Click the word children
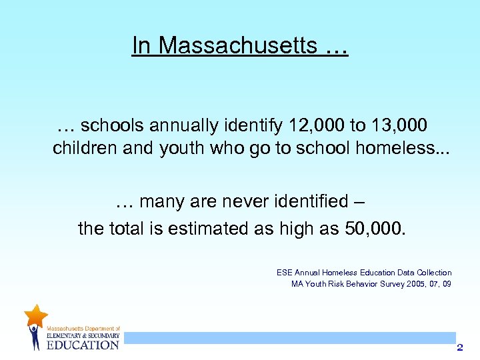point(85,148)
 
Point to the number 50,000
point(375,229)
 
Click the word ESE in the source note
point(285,273)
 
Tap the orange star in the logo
point(35,315)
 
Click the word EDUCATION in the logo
point(83,345)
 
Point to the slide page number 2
point(459,347)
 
